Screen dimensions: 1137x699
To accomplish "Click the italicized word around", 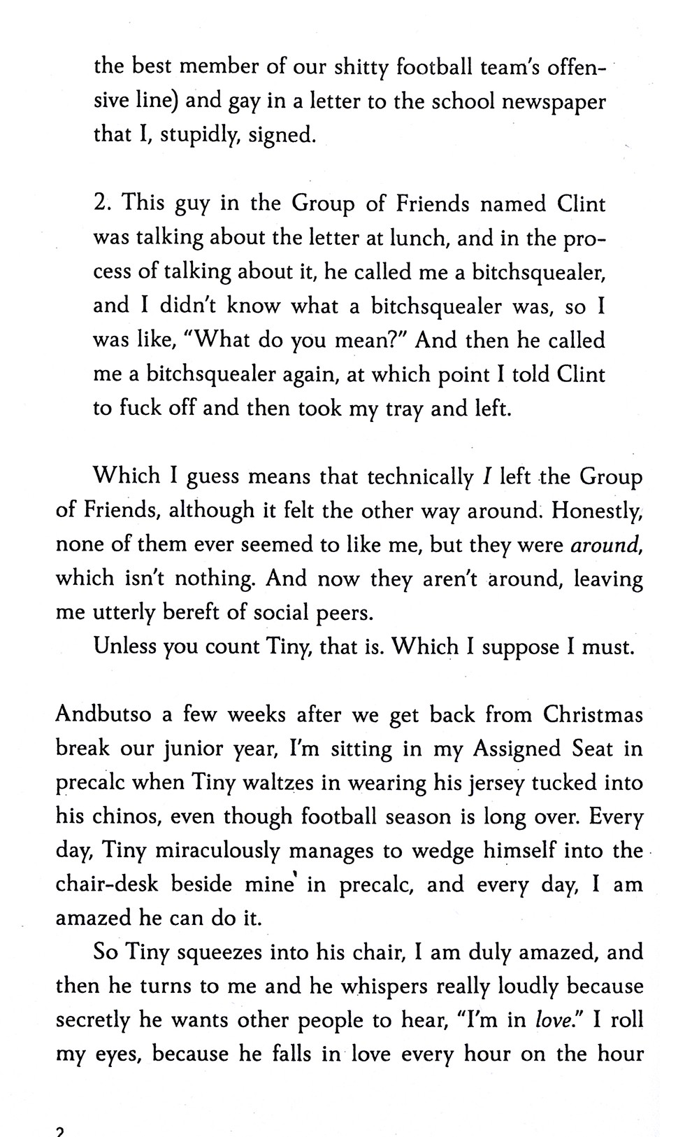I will coord(607,545).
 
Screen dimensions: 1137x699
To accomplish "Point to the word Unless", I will coord(124,647).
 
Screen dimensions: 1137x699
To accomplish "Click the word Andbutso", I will coord(108,715).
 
